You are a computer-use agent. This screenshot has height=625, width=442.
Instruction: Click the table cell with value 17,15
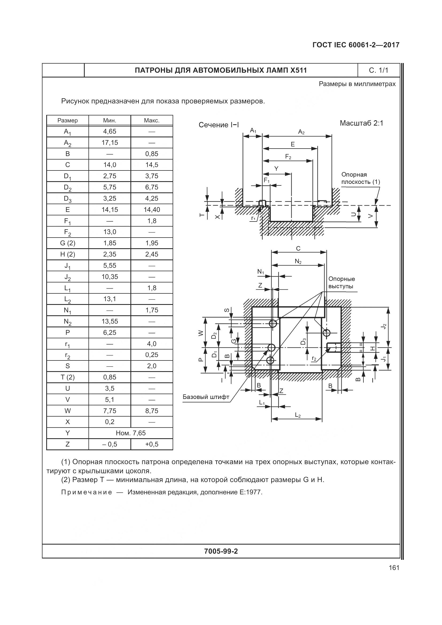point(110,143)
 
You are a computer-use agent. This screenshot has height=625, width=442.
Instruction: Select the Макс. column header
point(152,120)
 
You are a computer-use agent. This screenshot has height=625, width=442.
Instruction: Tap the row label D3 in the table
point(68,199)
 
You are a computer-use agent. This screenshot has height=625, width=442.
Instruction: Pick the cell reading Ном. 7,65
point(131,433)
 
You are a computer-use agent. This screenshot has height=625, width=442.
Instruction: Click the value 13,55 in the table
point(110,321)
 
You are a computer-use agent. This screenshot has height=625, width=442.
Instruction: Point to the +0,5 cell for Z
point(152,444)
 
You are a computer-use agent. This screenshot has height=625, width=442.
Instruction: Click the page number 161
point(394,568)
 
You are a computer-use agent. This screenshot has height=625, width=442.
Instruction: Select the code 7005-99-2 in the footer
point(221,551)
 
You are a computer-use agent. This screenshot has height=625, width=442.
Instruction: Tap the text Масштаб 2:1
point(361,123)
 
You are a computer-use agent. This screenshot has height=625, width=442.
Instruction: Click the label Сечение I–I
point(219,125)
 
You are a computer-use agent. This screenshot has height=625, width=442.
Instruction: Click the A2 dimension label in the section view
point(301,132)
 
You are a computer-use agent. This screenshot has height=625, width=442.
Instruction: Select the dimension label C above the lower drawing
point(298,249)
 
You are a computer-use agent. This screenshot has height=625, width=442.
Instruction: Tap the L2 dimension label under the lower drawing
point(298,415)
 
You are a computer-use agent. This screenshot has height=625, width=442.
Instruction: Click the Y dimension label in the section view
point(276,169)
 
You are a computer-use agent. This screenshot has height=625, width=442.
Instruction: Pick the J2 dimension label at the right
point(384,326)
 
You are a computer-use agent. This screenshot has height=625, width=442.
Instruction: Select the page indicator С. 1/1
point(378,71)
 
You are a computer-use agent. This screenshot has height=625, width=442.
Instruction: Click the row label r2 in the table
point(68,355)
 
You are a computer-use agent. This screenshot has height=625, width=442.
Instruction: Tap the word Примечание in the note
point(87,492)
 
